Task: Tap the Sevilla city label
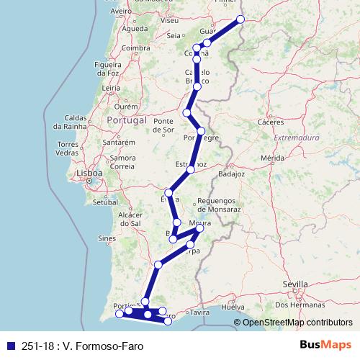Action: click(x=295, y=284)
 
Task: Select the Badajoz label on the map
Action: click(x=231, y=174)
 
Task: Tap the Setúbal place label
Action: click(x=105, y=203)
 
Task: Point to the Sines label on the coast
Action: click(x=107, y=238)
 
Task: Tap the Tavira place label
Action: click(x=199, y=313)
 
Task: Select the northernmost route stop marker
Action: click(x=240, y=19)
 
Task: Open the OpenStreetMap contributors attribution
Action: click(x=297, y=323)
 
